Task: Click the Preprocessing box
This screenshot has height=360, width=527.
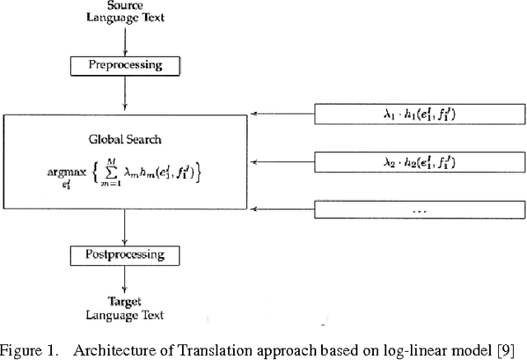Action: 126,64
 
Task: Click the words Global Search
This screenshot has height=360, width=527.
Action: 124,139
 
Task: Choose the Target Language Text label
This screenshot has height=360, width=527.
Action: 126,309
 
